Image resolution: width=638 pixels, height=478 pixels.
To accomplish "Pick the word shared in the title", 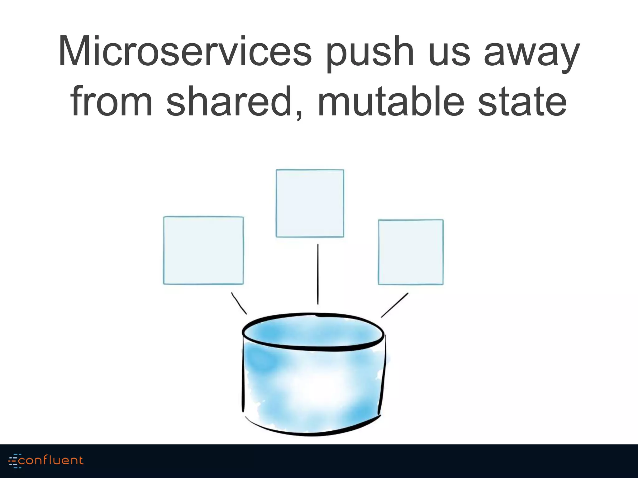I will coord(229,101).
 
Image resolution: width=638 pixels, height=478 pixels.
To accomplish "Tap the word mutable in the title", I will coord(391,101).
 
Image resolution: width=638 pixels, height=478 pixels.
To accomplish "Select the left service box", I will coord(203,251).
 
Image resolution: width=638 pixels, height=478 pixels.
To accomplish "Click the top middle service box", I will coord(310,203).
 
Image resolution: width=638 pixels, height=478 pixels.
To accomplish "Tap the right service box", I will coord(411,252).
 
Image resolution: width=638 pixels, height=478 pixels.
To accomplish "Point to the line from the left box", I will coord(239,303).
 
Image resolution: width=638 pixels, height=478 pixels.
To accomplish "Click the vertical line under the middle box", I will coord(318,274).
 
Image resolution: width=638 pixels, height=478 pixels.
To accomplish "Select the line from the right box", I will coord(394,305).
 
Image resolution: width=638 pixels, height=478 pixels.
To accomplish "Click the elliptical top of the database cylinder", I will coord(313,332).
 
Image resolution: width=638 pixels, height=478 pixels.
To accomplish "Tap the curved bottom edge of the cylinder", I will coord(312,434).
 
